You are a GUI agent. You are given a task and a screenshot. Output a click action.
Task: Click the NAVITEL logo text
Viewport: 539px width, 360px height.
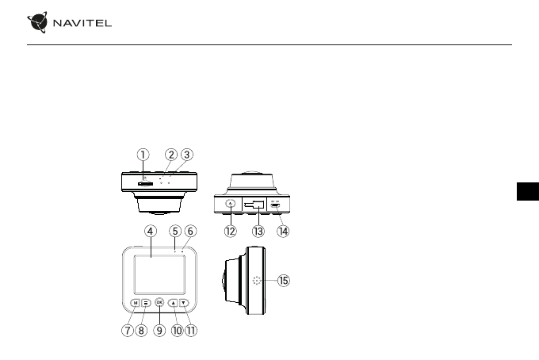[82, 22]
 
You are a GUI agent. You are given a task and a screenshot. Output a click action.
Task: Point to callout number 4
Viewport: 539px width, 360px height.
[150, 231]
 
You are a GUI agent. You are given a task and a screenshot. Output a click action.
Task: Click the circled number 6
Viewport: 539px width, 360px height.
[190, 231]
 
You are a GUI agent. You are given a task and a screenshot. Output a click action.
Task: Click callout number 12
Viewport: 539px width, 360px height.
[230, 232]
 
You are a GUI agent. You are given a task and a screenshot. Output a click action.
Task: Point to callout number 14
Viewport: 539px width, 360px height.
[282, 232]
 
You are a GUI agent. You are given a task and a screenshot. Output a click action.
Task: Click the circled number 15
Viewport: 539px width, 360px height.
[284, 281]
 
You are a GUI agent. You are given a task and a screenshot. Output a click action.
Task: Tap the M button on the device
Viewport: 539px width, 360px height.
[136, 302]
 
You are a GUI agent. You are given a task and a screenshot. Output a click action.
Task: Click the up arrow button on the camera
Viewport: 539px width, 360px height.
[173, 302]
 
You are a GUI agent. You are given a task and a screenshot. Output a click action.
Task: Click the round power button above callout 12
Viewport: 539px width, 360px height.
[230, 204]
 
